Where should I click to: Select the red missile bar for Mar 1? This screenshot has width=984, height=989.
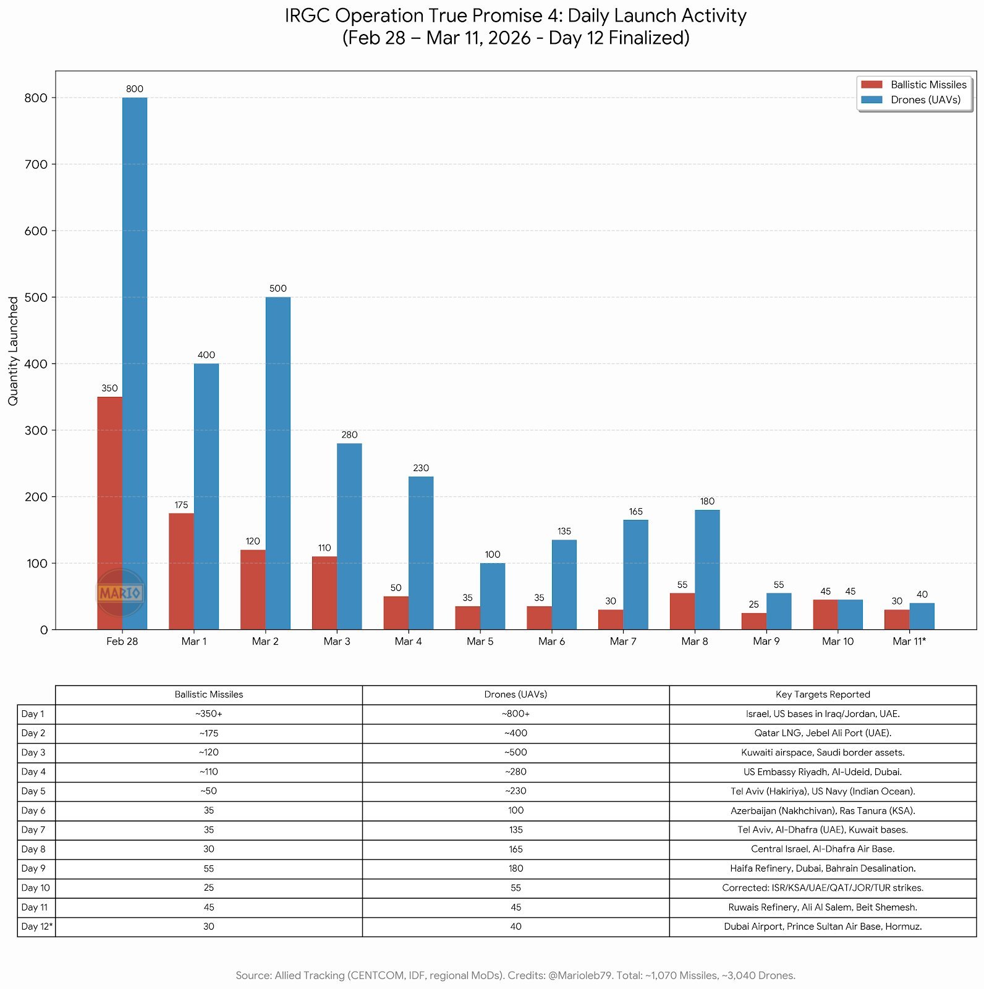pos(181,571)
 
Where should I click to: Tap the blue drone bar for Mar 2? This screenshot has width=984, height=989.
pos(278,463)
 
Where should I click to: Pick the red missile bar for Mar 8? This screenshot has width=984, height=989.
pos(682,611)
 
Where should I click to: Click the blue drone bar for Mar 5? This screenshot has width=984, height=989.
pos(493,596)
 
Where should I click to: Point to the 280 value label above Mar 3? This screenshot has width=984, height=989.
pos(349,435)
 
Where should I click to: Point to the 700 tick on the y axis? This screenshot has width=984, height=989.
pos(36,164)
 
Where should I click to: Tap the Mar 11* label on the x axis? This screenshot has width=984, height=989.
pos(909,641)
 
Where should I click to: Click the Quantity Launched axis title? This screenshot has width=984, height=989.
pos(14,350)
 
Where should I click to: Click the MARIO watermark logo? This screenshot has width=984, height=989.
pos(121,593)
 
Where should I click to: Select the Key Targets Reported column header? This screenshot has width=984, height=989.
pos(823,694)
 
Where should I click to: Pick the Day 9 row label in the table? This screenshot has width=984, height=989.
pos(33,868)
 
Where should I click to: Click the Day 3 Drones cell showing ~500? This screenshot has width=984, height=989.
pos(515,752)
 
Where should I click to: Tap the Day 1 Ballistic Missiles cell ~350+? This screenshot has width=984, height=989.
pos(209,714)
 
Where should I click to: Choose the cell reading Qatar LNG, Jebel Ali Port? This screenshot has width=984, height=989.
pos(823,733)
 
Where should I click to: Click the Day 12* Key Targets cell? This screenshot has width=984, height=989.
pos(823,927)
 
